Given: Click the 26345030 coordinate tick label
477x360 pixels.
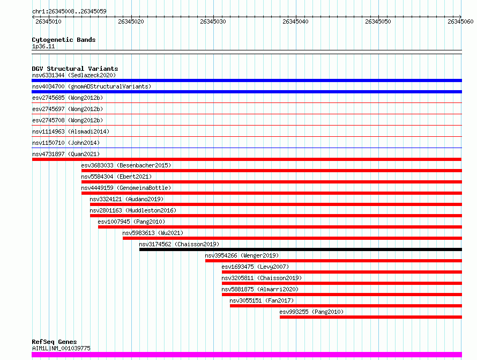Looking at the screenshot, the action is (x=213, y=21).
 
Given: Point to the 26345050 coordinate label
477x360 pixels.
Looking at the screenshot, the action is (x=378, y=21).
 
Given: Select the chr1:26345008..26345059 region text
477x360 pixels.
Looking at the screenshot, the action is (x=69, y=12).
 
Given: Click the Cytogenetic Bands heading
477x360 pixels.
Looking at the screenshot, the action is (x=64, y=40).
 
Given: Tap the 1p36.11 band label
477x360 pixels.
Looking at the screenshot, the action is (x=43, y=46).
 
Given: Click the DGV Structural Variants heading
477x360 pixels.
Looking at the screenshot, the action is (x=75, y=69).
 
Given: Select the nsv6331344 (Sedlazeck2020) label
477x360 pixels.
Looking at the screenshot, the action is (x=74, y=75).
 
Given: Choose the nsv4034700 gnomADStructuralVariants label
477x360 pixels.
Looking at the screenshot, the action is (x=92, y=86).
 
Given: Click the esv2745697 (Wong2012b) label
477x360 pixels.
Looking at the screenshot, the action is (x=68, y=109).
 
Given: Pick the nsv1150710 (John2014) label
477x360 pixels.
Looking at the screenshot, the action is (x=66, y=143).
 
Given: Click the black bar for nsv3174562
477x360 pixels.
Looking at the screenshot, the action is (x=301, y=249).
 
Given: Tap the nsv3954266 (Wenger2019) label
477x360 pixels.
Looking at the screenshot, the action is (x=242, y=255).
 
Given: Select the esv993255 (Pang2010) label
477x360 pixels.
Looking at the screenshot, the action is (x=311, y=312).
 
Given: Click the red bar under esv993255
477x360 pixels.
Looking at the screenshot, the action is (x=371, y=317).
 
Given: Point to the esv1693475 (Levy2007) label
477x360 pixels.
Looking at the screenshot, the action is (x=255, y=267).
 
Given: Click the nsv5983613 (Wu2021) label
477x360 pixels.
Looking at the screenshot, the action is (x=153, y=233).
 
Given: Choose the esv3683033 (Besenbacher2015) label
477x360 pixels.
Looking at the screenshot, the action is (x=126, y=165).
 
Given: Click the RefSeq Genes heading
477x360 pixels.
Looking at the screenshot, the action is (x=54, y=342).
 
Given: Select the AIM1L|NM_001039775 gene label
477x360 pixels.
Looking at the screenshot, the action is (x=61, y=348).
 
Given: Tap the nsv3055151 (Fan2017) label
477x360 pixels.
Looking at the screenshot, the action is (x=262, y=300).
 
